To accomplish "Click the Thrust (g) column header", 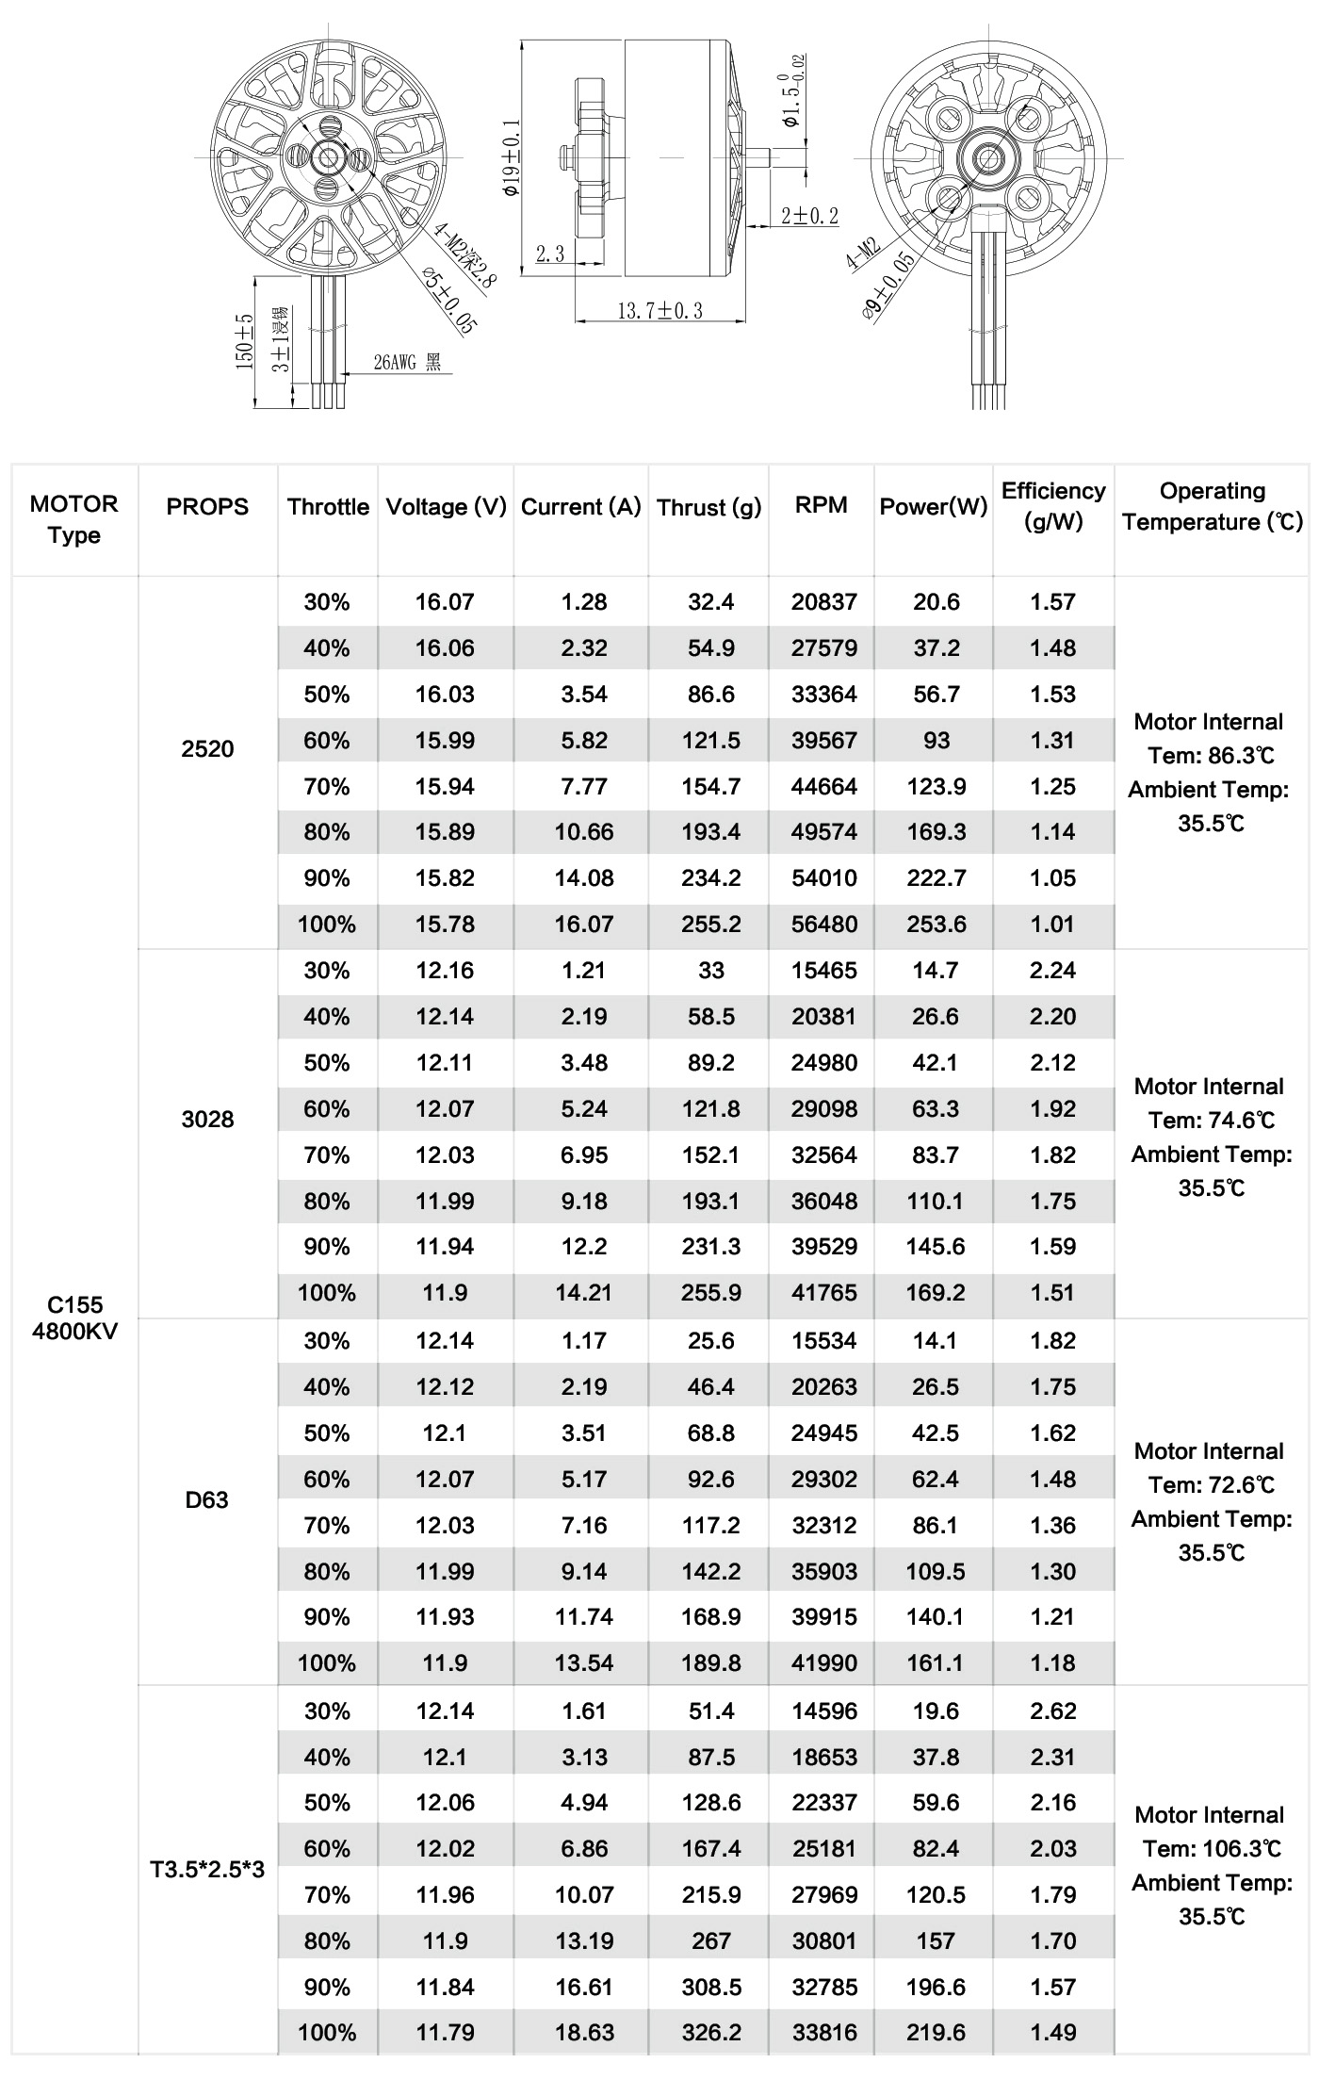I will (708, 508).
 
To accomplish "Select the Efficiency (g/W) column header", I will (1053, 506).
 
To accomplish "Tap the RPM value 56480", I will (824, 925).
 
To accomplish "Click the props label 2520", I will (207, 749).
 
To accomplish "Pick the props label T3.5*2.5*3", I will (207, 1869).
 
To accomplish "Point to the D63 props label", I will (207, 1499).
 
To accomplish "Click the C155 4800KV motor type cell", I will (74, 1318).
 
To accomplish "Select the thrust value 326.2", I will (711, 2033).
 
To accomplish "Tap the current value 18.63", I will (584, 2033).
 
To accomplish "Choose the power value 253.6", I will (936, 925).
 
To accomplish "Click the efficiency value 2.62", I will (1052, 1711).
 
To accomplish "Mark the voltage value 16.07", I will (445, 601).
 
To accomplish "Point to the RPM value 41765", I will (824, 1293).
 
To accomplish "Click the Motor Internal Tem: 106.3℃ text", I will (1211, 1831).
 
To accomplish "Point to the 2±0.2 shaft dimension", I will (809, 216).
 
